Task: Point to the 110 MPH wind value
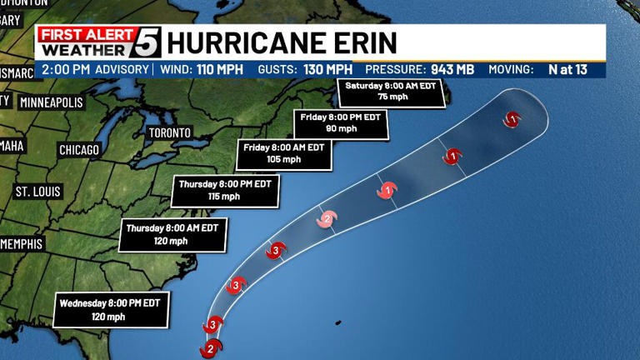coord(217,69)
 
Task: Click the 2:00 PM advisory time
coord(65,69)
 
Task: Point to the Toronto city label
coord(170,133)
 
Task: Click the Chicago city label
coord(79,150)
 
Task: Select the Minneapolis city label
coord(52,102)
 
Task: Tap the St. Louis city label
coord(38,192)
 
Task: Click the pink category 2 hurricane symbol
coord(327,219)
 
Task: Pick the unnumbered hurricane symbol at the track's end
coord(512,119)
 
